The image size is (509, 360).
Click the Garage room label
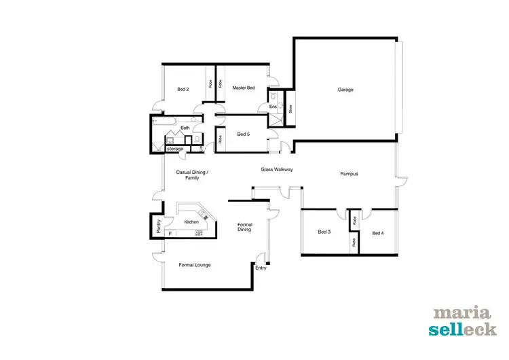345,90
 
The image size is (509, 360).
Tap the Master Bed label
243,88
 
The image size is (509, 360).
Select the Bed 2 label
183,90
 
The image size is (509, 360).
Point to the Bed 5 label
243,134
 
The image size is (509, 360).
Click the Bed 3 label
324,232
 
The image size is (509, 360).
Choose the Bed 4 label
378,234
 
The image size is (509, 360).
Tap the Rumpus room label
349,175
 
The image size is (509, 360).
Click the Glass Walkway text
277,169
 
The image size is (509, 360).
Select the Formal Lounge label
195,265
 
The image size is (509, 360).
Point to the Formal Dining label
244,227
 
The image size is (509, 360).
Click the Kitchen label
191,222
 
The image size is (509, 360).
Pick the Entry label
261,268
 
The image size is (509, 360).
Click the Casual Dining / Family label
192,175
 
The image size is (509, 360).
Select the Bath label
185,128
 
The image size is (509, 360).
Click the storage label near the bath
175,149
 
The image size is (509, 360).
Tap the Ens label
273,107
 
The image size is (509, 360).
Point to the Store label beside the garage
290,109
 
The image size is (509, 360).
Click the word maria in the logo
461,314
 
